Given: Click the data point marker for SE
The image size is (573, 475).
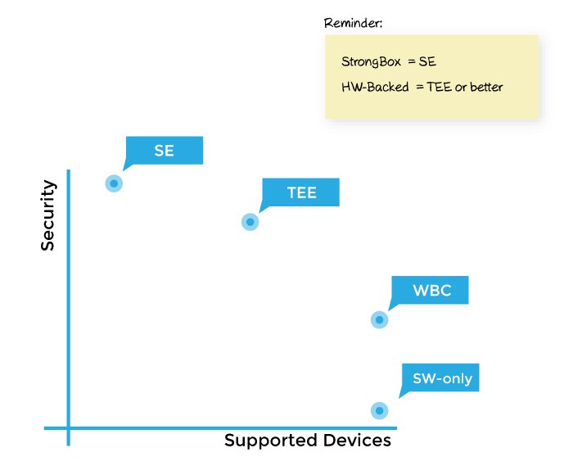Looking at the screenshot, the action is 114,183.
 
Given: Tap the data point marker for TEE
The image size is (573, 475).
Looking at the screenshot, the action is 250,222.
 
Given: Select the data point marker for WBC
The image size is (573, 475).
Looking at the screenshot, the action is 379,320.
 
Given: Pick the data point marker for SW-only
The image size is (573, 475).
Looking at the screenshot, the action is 379,410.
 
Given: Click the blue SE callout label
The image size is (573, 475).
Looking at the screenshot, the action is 164,151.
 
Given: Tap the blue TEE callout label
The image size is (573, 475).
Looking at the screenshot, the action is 300,192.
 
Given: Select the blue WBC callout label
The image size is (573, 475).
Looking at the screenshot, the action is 430,290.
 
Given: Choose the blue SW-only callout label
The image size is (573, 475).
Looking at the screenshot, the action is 440,378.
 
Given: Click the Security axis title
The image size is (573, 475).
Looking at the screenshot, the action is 47,215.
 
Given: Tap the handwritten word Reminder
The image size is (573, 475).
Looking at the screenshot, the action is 353,23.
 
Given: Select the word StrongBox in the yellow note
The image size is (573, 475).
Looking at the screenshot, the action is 371,61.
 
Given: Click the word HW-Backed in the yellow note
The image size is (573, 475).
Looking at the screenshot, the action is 375,87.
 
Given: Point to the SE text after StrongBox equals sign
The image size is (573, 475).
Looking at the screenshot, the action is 427,61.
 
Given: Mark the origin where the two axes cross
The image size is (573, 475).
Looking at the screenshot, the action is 68,427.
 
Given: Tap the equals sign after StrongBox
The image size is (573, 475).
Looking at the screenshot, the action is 412,61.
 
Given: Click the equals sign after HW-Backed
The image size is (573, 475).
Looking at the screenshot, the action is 419,88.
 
